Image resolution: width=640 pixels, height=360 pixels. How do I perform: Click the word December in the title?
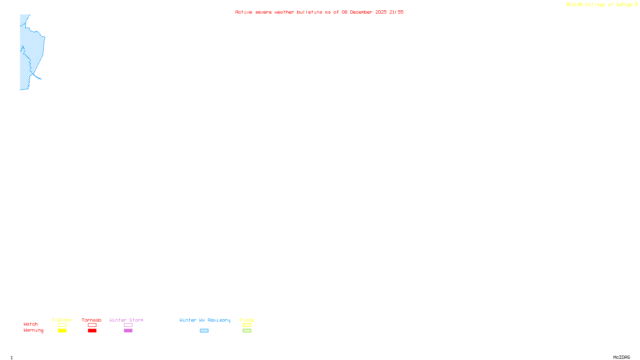pos(361,12)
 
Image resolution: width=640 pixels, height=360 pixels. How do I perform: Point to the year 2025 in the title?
pos(381,12)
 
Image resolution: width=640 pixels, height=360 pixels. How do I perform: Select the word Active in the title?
pos(244,12)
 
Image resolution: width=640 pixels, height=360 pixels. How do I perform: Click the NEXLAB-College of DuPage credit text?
pos(599,5)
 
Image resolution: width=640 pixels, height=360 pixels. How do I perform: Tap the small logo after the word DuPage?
pos(636,4)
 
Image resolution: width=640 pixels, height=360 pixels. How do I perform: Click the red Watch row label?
pos(31,324)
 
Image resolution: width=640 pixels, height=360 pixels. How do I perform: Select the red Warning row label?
pos(34,330)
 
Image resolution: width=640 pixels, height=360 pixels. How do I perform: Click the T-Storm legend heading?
pos(62,320)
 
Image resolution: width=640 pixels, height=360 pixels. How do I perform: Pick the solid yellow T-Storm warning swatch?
pos(62,331)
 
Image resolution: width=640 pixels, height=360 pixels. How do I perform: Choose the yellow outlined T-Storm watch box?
pos(62,325)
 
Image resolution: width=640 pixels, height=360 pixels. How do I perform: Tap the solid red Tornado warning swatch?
pos(92,331)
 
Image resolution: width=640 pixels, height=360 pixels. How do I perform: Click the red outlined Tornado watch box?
pos(92,325)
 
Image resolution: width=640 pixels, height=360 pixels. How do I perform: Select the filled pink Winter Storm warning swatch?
pos(128,331)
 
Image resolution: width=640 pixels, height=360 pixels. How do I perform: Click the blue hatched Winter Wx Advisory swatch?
pos(204,331)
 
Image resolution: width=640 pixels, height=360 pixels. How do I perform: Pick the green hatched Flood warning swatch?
pos(247,331)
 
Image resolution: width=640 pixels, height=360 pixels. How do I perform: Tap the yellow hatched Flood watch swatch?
pos(247,325)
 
